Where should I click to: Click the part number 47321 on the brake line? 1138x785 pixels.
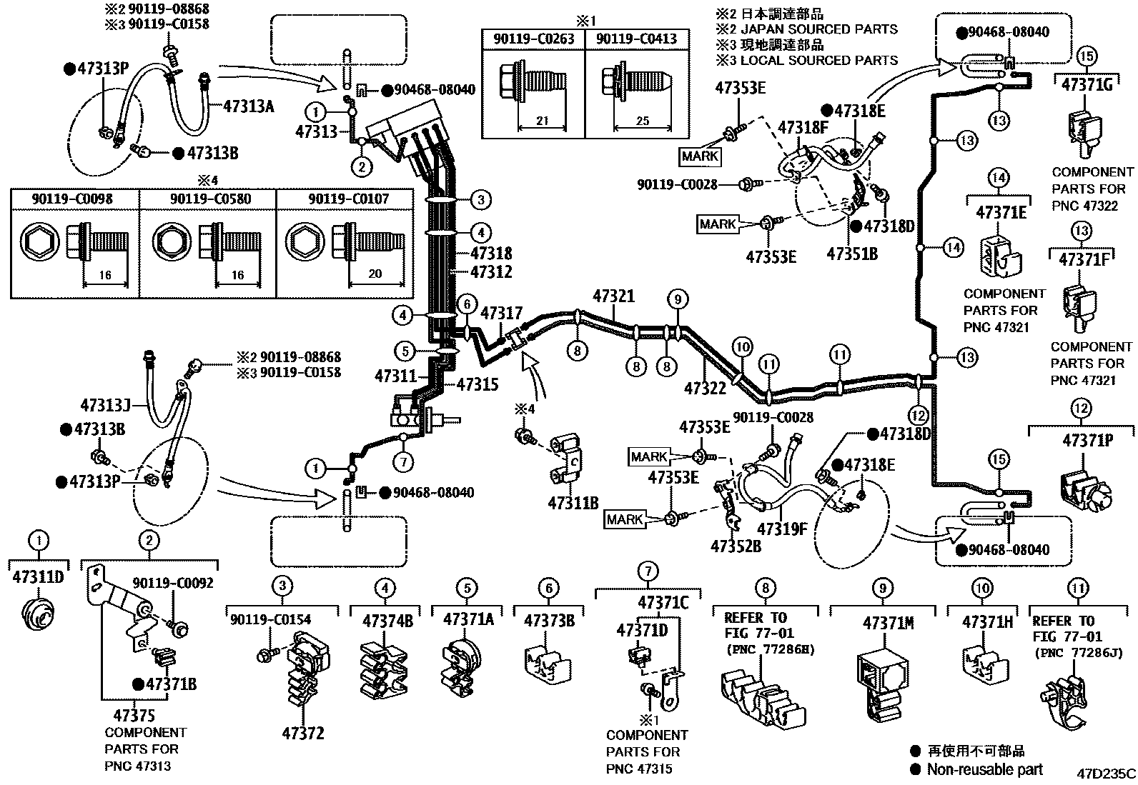[613, 296]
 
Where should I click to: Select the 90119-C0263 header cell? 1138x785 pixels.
[533, 39]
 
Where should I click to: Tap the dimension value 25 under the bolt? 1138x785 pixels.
[642, 121]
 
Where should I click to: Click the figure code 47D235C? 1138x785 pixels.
[1106, 774]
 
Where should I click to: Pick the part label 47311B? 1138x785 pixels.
[573, 504]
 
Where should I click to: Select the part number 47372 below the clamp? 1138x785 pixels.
[303, 733]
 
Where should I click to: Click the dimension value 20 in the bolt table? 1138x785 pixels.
[375, 274]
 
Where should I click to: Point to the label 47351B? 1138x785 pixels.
[852, 254]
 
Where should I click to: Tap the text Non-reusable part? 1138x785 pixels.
[984, 769]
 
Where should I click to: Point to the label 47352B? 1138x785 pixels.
[736, 546]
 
